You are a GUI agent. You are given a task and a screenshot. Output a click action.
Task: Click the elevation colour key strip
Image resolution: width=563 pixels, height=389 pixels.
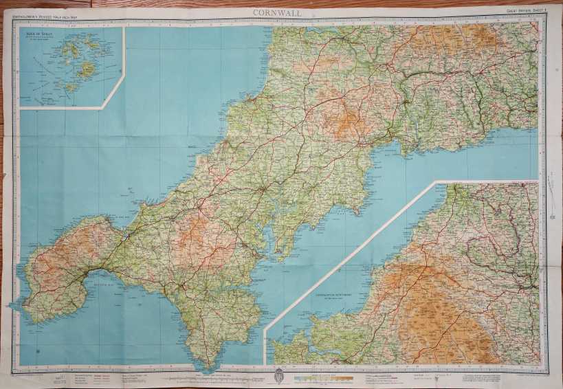(x=323, y=377)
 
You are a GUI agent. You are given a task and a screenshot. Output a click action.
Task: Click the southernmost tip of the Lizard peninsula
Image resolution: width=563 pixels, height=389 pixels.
(x=201, y=365)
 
